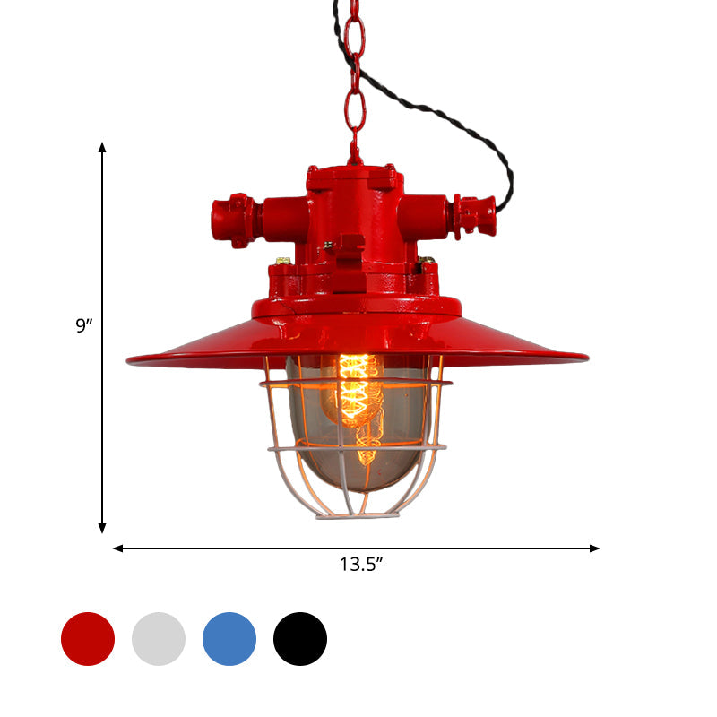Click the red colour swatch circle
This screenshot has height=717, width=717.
[x=88, y=639]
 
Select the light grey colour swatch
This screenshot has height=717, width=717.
[x=159, y=639]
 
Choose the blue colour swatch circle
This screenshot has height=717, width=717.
[x=229, y=639]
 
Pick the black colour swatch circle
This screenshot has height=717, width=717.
[x=300, y=639]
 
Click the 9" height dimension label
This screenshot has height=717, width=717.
[x=84, y=326]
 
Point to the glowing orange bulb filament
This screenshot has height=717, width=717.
[x=357, y=394]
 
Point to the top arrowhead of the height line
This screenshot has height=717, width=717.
[x=102, y=147]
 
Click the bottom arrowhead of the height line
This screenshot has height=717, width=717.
[x=102, y=528]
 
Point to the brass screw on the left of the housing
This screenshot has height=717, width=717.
[x=283, y=262]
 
